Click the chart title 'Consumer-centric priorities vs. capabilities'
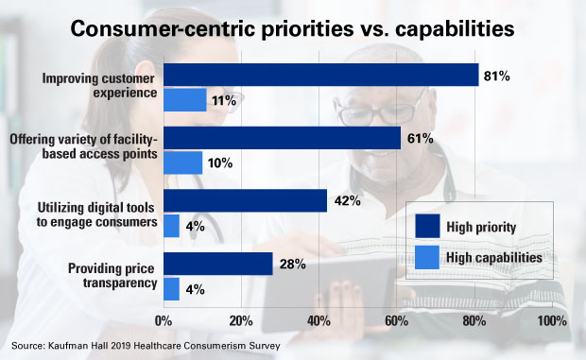coord(293,28)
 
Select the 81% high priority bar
coord(321,75)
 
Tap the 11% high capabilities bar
coord(185,99)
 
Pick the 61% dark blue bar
coord(283,138)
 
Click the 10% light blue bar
coord(183,163)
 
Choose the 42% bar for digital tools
coord(246,200)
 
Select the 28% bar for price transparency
coord(218,264)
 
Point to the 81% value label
coord(496,75)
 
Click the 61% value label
coord(419,138)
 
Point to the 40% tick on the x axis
coord(319,320)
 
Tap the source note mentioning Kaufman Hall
coord(147,347)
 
